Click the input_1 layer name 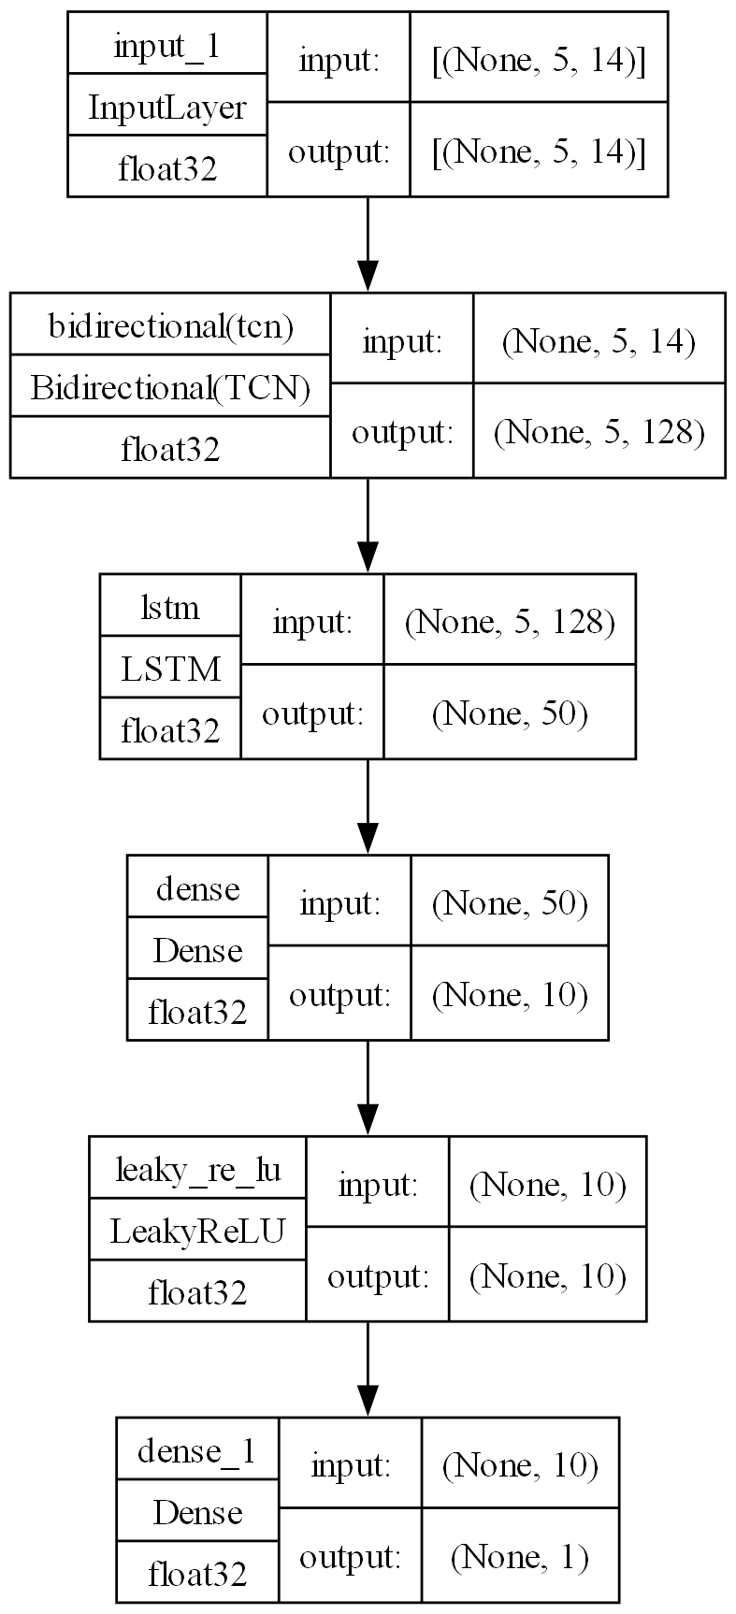[167, 46]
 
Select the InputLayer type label [167, 108]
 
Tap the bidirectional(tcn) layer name [170, 326]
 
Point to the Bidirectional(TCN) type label [170, 387]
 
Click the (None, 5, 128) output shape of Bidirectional [599, 433]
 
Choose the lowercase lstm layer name [170, 608]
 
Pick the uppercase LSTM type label [170, 669]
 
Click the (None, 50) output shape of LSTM [510, 714]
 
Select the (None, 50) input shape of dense [510, 903]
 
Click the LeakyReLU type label [197, 1231]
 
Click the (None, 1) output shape [520, 1557]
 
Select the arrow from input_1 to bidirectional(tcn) [368, 244]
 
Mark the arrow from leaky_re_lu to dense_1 [368, 1368]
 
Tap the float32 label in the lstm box [170, 729]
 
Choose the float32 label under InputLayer [167, 168]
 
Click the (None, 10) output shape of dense [510, 995]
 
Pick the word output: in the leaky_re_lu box [377, 1275]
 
